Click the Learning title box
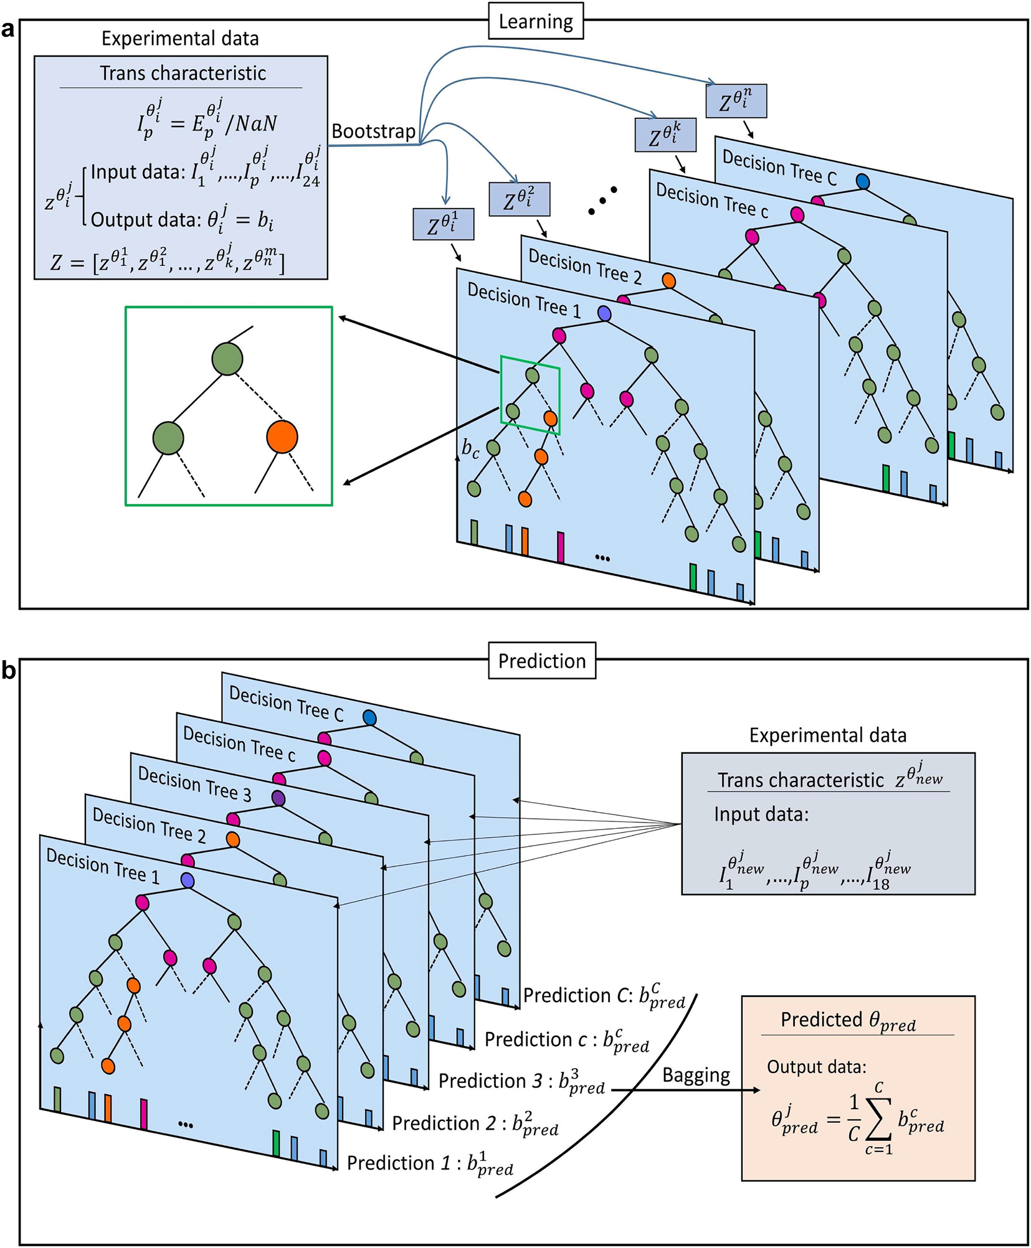click(x=535, y=22)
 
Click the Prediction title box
click(x=541, y=661)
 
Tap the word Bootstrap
click(x=373, y=131)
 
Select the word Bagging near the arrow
click(x=696, y=1075)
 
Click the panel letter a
click(x=7, y=29)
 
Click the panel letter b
click(x=9, y=671)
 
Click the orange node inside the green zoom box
click(x=282, y=437)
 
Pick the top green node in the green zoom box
click(x=227, y=359)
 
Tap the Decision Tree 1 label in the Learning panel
click(x=523, y=301)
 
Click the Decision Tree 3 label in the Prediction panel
click(x=194, y=783)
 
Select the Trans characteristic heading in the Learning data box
click(x=183, y=73)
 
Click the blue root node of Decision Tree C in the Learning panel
click(x=862, y=181)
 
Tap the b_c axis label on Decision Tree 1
click(x=470, y=448)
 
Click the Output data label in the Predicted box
click(x=816, y=1067)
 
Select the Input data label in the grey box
click(x=761, y=815)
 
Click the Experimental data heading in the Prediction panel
click(x=827, y=735)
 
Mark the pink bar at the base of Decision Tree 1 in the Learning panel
click(x=561, y=547)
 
